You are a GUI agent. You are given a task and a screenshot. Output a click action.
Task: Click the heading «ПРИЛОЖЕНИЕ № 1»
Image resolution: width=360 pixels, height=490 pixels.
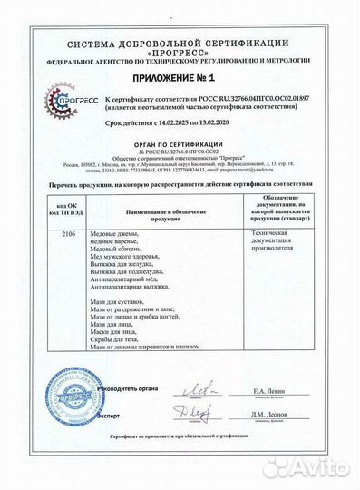click(180, 79)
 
